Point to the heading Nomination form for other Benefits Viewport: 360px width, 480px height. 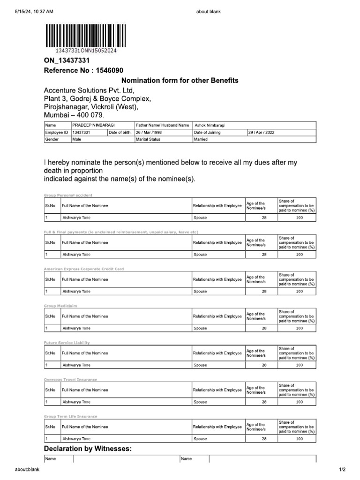180,81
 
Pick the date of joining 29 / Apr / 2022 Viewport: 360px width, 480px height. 262,132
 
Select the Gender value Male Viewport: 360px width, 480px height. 77,139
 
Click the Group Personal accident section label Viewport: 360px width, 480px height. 68,195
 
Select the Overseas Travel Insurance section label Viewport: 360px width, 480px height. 70,379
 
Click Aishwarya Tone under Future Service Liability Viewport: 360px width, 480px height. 76,365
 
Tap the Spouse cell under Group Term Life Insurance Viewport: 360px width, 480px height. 200,439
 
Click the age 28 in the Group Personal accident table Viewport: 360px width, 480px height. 264,218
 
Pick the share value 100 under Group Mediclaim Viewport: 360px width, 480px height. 300,328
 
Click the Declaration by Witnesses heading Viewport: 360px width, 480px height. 88,449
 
